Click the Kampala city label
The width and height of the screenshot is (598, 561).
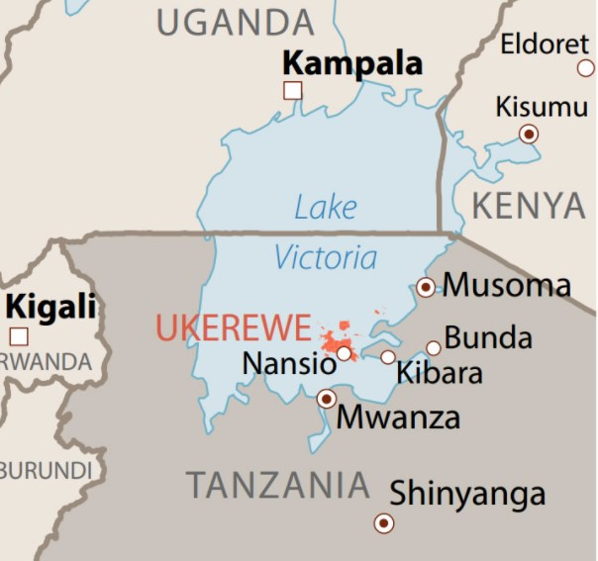pyautogui.click(x=351, y=63)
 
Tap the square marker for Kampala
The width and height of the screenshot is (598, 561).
pyautogui.click(x=292, y=91)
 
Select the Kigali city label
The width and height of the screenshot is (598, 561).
pyautogui.click(x=50, y=306)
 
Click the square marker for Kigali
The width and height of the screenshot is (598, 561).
pyautogui.click(x=19, y=335)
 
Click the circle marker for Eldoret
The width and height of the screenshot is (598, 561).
pyautogui.click(x=586, y=68)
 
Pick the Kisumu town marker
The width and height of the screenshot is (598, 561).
pyautogui.click(x=529, y=133)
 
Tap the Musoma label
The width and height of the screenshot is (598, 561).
pyautogui.click(x=506, y=286)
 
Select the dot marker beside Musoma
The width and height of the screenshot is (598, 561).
pyautogui.click(x=426, y=287)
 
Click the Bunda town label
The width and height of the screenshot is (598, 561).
pyautogui.click(x=488, y=337)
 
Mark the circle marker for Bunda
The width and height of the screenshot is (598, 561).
pyautogui.click(x=434, y=348)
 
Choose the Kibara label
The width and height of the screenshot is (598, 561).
pyautogui.click(x=439, y=373)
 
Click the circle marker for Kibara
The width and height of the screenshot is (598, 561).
pyautogui.click(x=388, y=357)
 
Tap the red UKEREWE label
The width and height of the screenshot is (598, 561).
pyautogui.click(x=233, y=328)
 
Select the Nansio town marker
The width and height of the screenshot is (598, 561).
pyautogui.click(x=344, y=353)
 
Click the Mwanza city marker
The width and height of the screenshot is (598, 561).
pyautogui.click(x=326, y=399)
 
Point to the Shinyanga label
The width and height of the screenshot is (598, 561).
pyautogui.click(x=467, y=493)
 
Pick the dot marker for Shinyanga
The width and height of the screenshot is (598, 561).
pyautogui.click(x=383, y=523)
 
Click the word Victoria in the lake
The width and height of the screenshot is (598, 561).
pyautogui.click(x=326, y=258)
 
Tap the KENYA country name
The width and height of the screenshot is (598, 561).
pyautogui.click(x=528, y=206)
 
